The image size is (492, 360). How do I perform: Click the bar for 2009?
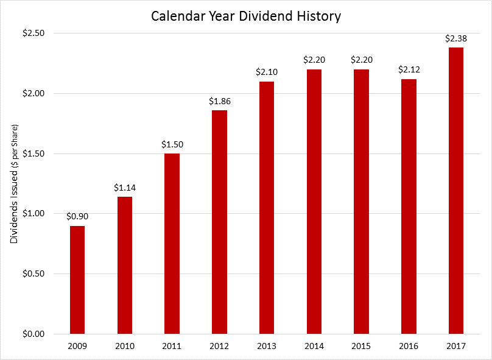(x=77, y=280)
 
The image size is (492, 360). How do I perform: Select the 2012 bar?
(x=219, y=222)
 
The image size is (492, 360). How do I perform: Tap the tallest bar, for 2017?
(x=455, y=191)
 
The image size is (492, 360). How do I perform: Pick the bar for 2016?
(x=409, y=206)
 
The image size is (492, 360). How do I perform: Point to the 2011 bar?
(x=172, y=244)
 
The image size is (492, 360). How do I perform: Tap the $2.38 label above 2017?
(x=455, y=38)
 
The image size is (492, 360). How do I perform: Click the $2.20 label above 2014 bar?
(x=314, y=60)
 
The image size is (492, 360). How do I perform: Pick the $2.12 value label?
(x=409, y=69)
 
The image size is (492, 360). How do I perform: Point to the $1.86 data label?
(x=219, y=101)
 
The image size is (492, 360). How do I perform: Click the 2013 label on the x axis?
(x=267, y=346)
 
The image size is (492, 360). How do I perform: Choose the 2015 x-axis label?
(x=361, y=346)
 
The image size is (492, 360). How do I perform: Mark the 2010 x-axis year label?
(x=125, y=346)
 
